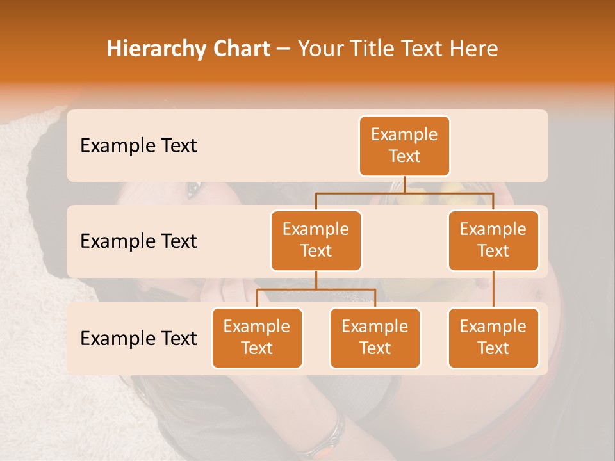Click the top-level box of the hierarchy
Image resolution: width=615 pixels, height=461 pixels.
(x=404, y=146)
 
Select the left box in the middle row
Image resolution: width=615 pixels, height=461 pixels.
(x=316, y=241)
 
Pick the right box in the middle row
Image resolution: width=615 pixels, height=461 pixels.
(x=493, y=241)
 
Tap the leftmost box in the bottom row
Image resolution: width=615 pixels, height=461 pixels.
(x=257, y=338)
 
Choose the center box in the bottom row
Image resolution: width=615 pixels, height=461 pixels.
(x=375, y=338)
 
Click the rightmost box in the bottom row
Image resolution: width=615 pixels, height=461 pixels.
(x=493, y=338)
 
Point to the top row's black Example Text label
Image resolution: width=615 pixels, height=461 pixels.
(x=138, y=146)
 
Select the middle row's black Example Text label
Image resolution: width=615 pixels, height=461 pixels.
(x=138, y=241)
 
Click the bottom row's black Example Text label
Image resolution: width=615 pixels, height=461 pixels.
(x=138, y=339)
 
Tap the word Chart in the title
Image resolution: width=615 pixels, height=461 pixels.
(x=239, y=49)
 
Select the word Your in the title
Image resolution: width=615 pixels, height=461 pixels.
(x=319, y=49)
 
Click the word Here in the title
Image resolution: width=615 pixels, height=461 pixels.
(x=472, y=49)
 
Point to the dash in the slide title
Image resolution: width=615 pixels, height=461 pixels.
(x=284, y=50)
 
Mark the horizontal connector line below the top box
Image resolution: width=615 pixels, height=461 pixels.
(x=404, y=192)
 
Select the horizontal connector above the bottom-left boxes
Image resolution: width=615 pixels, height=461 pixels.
(x=316, y=289)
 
